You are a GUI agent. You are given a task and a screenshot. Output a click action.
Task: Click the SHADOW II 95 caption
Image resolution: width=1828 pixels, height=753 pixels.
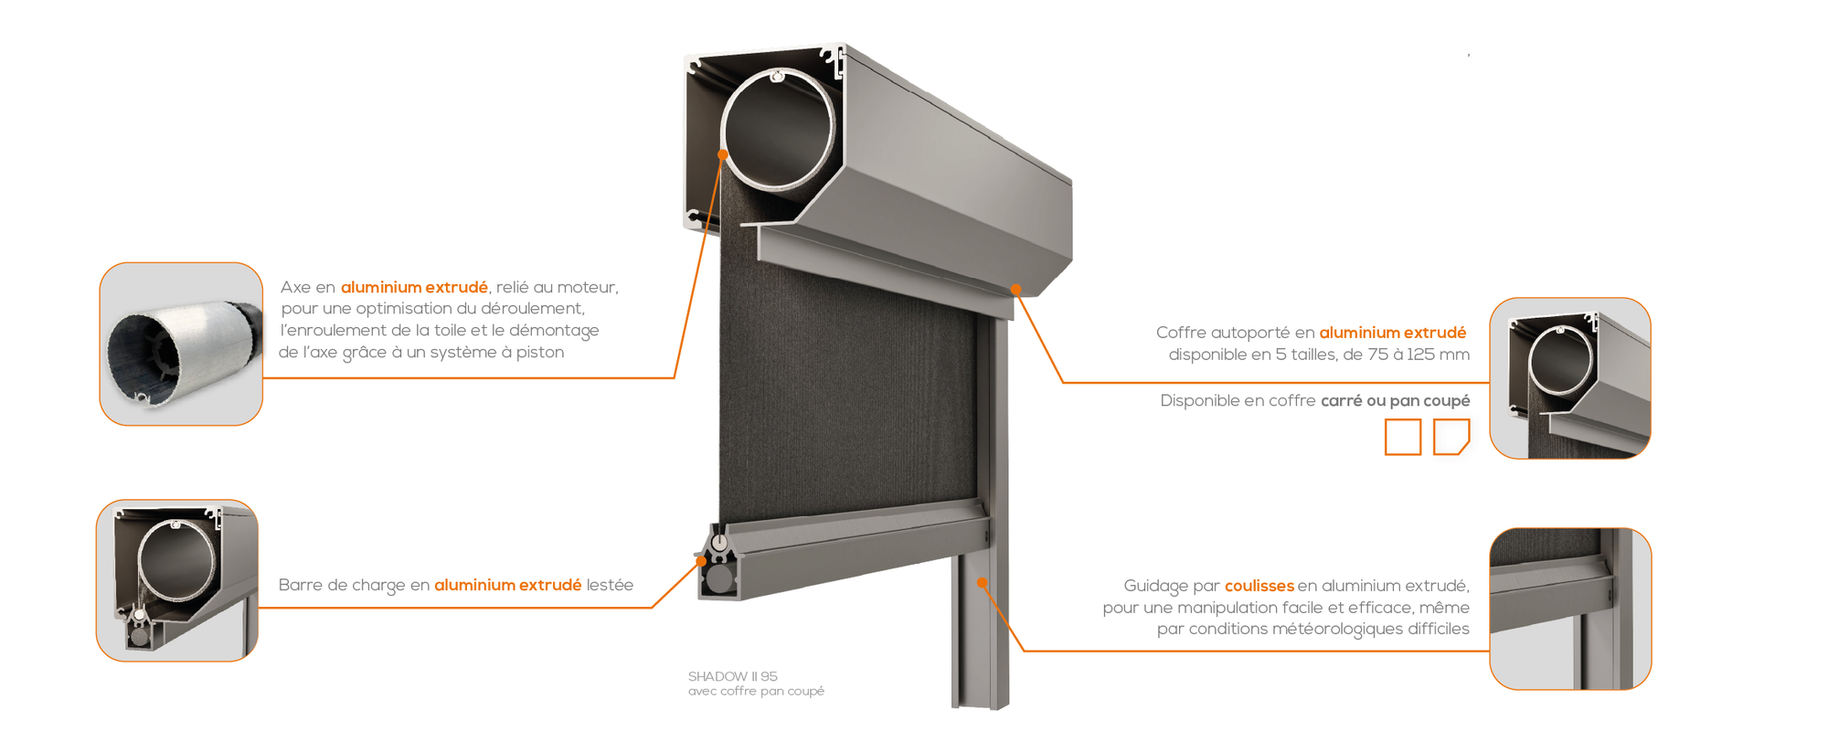pos(732,676)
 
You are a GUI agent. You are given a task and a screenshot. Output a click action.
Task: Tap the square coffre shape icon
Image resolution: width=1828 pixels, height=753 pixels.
pos(1403,437)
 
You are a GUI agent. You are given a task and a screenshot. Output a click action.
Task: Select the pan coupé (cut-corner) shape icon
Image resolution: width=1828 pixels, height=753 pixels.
pos(1451,437)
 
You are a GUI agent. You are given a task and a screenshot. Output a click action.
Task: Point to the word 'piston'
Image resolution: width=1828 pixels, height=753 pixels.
pos(540,353)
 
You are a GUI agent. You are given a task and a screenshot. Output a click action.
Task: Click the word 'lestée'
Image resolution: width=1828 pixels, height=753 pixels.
pos(610,585)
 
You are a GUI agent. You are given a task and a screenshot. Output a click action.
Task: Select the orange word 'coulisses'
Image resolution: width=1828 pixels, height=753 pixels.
pos(1259,586)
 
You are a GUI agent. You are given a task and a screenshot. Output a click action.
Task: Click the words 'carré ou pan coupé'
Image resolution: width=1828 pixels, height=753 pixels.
pos(1396,401)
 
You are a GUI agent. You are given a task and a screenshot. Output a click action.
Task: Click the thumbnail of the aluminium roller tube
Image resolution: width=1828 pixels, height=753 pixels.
pos(181,344)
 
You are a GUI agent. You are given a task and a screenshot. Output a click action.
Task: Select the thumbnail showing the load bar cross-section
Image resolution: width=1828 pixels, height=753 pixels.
pos(177,580)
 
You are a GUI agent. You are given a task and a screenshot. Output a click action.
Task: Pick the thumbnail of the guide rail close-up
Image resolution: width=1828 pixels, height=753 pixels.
pos(1570,609)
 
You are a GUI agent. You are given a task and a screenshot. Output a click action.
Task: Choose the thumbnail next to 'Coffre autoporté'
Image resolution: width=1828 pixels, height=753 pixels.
pos(1570,378)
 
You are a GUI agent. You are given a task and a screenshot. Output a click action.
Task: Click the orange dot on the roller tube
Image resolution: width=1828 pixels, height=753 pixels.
pos(723,154)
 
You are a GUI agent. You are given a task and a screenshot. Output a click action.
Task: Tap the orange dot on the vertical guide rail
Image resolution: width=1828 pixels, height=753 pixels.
pos(982,582)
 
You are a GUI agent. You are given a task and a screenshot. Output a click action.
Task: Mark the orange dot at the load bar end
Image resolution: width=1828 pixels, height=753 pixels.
pos(702,561)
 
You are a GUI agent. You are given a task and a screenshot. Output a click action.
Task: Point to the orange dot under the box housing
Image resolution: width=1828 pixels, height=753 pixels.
pos(1015,290)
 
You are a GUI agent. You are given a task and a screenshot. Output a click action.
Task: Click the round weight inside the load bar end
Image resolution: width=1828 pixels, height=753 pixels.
pos(720,578)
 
